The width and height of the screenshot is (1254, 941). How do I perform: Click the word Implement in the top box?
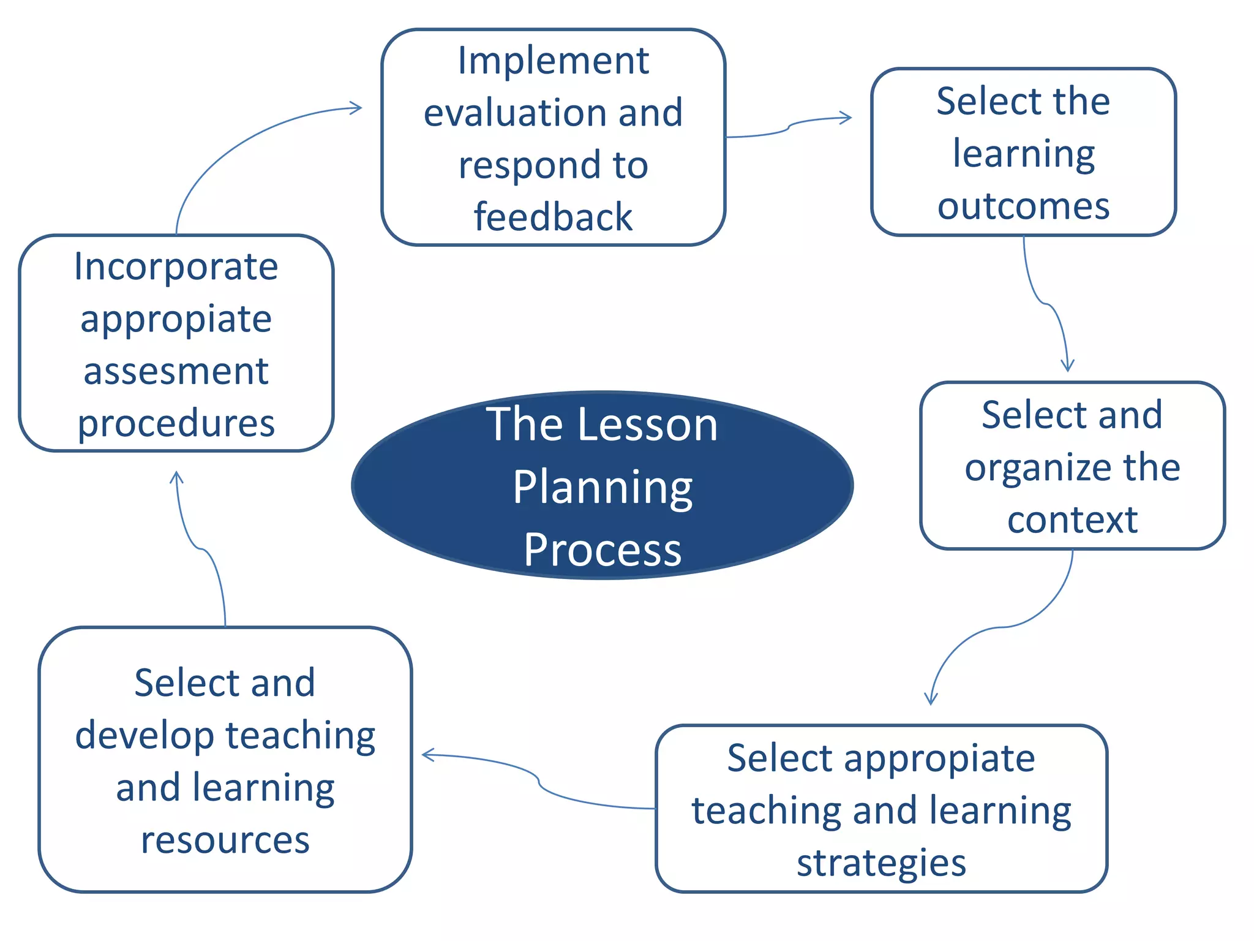(553, 61)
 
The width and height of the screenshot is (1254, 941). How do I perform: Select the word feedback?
(553, 217)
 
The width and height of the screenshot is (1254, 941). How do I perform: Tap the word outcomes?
(1023, 206)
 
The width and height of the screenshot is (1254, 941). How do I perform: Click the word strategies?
(881, 863)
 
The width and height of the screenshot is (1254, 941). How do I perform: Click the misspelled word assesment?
(176, 371)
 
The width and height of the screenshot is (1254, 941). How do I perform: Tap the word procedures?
(176, 424)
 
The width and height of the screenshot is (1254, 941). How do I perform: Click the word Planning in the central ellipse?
(603, 488)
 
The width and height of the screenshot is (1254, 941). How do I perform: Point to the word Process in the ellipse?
(603, 550)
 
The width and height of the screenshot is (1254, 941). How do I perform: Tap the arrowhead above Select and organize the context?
(1067, 366)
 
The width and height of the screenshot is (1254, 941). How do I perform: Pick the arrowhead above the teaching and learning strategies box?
(931, 699)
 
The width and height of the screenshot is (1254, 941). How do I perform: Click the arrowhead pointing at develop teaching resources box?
(428, 755)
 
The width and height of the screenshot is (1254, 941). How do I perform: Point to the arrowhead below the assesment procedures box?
(177, 477)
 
